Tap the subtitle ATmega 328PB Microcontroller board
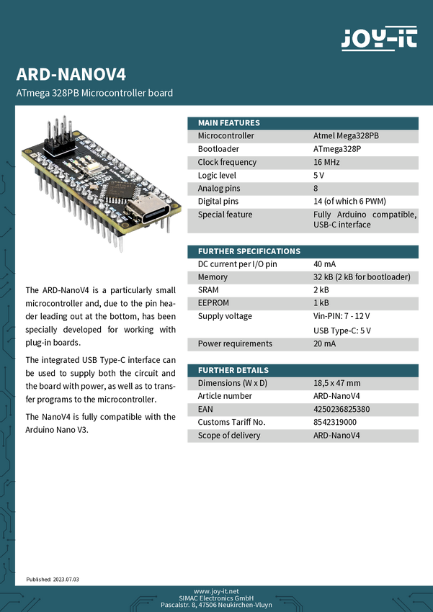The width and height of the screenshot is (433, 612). click(94, 93)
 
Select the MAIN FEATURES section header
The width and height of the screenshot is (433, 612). click(229, 122)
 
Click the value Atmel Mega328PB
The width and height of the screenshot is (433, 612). click(346, 135)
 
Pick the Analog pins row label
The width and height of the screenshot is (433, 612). click(220, 188)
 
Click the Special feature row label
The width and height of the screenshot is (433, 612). click(225, 215)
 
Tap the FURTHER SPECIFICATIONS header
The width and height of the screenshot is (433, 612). click(249, 251)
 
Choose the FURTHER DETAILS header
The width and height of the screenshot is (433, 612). click(233, 370)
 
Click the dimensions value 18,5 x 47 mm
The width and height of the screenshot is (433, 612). click(337, 383)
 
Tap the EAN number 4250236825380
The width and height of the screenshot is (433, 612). click(342, 409)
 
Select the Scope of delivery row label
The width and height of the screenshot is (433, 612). click(229, 435)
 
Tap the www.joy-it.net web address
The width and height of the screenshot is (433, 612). click(216, 590)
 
